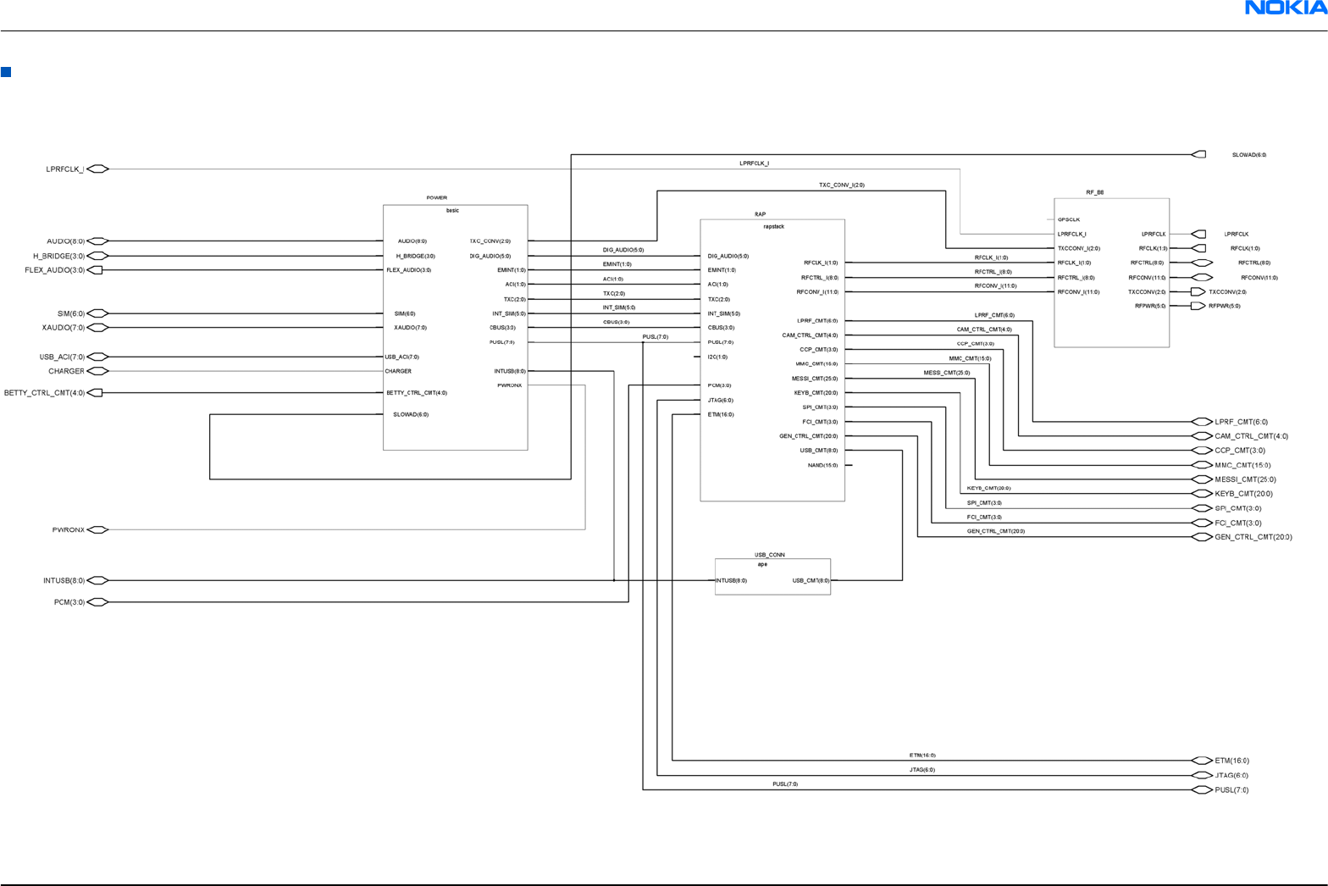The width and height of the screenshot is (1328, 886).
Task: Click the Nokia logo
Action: tap(1285, 8)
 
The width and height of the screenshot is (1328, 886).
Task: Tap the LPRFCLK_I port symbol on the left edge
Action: tap(98, 169)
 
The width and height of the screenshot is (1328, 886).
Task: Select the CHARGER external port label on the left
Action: tap(66, 371)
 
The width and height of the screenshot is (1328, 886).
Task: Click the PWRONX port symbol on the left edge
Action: tap(98, 530)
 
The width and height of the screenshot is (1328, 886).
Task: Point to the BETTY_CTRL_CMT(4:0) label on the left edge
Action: tap(44, 393)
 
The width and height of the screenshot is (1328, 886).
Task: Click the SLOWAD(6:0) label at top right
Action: tap(1248, 155)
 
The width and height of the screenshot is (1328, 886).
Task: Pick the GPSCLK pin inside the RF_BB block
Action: tap(1069, 219)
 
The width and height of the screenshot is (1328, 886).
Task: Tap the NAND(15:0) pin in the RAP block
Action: tap(822, 465)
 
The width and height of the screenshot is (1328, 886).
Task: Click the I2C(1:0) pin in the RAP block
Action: tap(717, 357)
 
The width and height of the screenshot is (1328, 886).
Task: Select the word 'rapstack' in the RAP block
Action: tap(773, 226)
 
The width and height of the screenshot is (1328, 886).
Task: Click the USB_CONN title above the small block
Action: tap(770, 555)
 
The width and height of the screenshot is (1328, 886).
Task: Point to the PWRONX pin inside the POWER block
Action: tap(510, 385)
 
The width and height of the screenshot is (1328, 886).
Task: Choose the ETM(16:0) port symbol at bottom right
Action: tap(1201, 761)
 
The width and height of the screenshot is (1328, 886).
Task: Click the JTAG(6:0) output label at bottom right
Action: tap(1231, 775)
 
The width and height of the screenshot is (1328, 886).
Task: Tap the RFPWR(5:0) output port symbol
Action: tap(1198, 306)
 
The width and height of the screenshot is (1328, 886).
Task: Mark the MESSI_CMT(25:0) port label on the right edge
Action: tap(1245, 479)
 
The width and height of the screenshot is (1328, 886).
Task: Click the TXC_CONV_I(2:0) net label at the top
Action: tap(841, 185)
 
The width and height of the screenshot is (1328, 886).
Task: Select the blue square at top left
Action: tap(6, 72)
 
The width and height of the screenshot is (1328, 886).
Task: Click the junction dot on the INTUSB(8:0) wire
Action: tap(614, 580)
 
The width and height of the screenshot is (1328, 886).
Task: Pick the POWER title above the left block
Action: tap(436, 197)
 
